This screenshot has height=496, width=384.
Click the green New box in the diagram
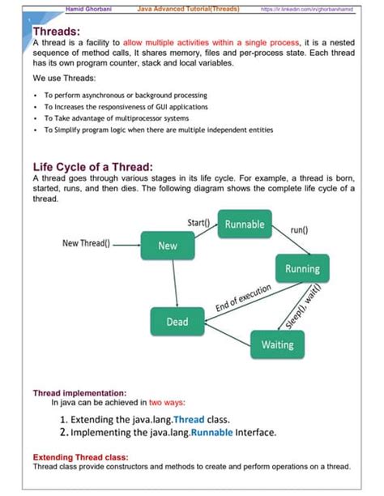click(x=168, y=246)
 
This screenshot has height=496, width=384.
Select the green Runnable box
click(x=244, y=224)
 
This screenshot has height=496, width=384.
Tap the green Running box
click(x=302, y=268)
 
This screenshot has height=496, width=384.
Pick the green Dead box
click(x=177, y=322)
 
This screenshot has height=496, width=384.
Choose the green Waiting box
click(x=277, y=345)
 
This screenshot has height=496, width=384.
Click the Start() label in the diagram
click(x=199, y=222)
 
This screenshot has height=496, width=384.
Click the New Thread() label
click(x=88, y=242)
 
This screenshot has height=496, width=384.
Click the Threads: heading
click(x=56, y=32)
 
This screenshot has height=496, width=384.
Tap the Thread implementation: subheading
click(x=79, y=392)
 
